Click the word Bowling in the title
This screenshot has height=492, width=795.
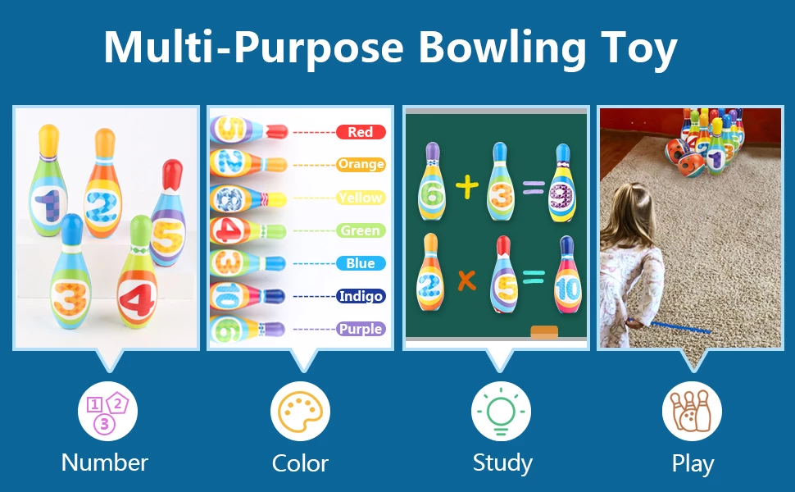click(x=502, y=48)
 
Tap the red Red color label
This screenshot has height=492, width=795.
click(x=361, y=132)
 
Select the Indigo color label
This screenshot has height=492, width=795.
click(x=361, y=296)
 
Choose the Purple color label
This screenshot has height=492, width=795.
click(x=361, y=329)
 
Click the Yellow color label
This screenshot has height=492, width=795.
click(x=361, y=198)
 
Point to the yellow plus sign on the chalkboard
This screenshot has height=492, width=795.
click(x=467, y=187)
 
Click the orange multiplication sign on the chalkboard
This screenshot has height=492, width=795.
click(x=467, y=280)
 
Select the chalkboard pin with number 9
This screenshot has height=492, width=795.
click(x=562, y=183)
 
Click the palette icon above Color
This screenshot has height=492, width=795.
click(x=300, y=411)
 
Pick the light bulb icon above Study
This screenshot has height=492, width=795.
click(x=501, y=411)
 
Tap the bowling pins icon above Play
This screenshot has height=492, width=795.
click(x=692, y=411)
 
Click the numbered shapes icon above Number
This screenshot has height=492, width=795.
click(x=107, y=411)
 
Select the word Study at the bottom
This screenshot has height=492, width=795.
click(x=502, y=463)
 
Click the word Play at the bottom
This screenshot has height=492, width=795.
click(x=693, y=463)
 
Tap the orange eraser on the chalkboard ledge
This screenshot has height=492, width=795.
click(x=544, y=332)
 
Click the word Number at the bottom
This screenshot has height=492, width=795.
click(x=105, y=462)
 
